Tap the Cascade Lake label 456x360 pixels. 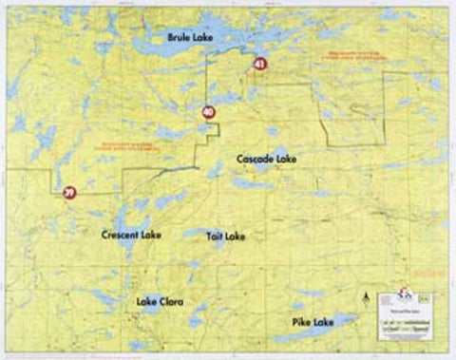pos(266,159)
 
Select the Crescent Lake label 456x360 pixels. pos(131,234)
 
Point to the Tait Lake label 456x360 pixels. pos(226,235)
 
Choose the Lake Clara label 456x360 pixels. pos(159,302)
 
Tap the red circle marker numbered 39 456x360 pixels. pos(68,193)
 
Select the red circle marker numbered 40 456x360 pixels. pos(209,112)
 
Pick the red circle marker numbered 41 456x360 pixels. pos(259,65)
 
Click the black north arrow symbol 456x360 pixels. pos(367,300)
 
